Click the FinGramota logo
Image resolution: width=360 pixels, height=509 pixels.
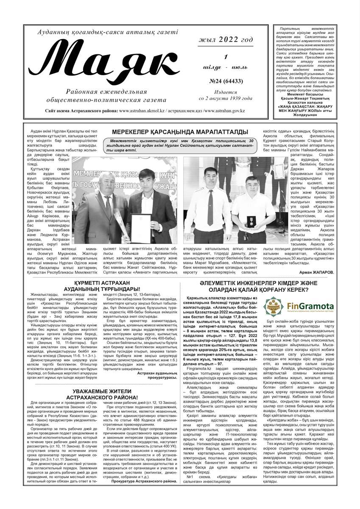pos(299,306)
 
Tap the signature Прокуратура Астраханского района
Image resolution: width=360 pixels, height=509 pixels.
pos(144,481)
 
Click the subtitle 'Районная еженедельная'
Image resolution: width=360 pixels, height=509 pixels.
pos(106,91)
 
